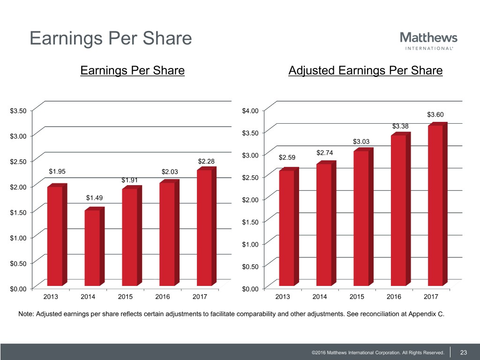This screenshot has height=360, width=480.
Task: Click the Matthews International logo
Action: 428,40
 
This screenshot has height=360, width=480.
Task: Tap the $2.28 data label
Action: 206,162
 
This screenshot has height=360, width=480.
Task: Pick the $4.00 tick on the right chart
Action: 250,111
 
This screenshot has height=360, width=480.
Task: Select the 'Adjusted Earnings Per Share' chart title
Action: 366,71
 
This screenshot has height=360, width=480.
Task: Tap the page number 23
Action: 464,352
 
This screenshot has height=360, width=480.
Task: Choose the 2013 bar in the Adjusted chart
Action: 286,228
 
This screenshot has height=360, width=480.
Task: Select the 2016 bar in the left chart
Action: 167,234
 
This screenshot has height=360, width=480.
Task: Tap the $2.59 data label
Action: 287,157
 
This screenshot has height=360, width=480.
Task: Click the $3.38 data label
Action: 400,126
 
